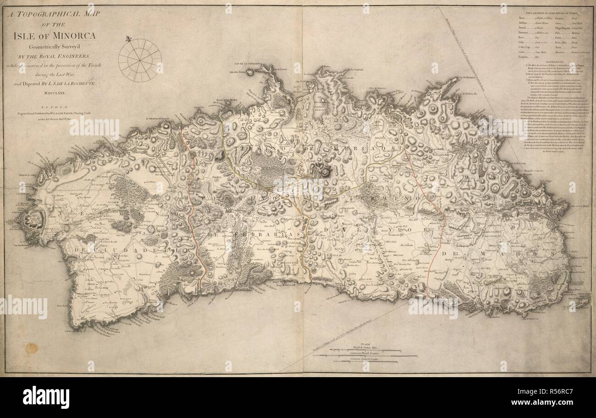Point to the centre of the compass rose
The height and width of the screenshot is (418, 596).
point(140,60)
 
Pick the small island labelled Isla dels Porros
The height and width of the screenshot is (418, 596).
point(250,72)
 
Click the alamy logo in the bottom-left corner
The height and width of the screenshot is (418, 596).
point(46,397)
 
